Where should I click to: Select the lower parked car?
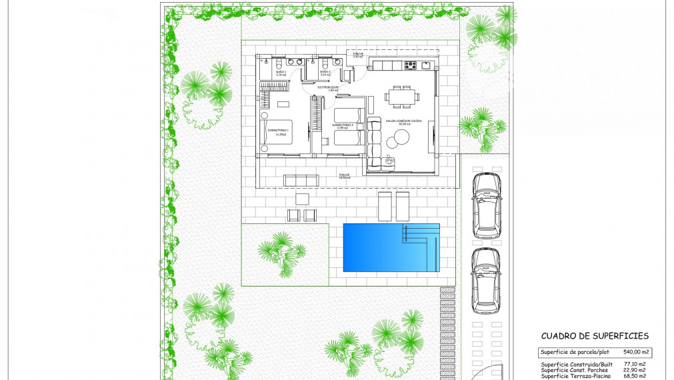tap(485, 279)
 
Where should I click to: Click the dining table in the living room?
tap(402, 96)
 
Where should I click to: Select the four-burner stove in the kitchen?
tap(411, 65)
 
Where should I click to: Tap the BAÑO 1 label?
tap(281, 73)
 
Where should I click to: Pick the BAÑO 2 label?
tap(325, 73)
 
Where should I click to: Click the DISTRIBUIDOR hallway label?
tap(328, 88)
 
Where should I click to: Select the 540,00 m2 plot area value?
tap(637, 352)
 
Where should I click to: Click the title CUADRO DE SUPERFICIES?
tap(595, 337)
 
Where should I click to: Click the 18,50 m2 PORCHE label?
tap(344, 176)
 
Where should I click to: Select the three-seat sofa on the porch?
tap(301, 180)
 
